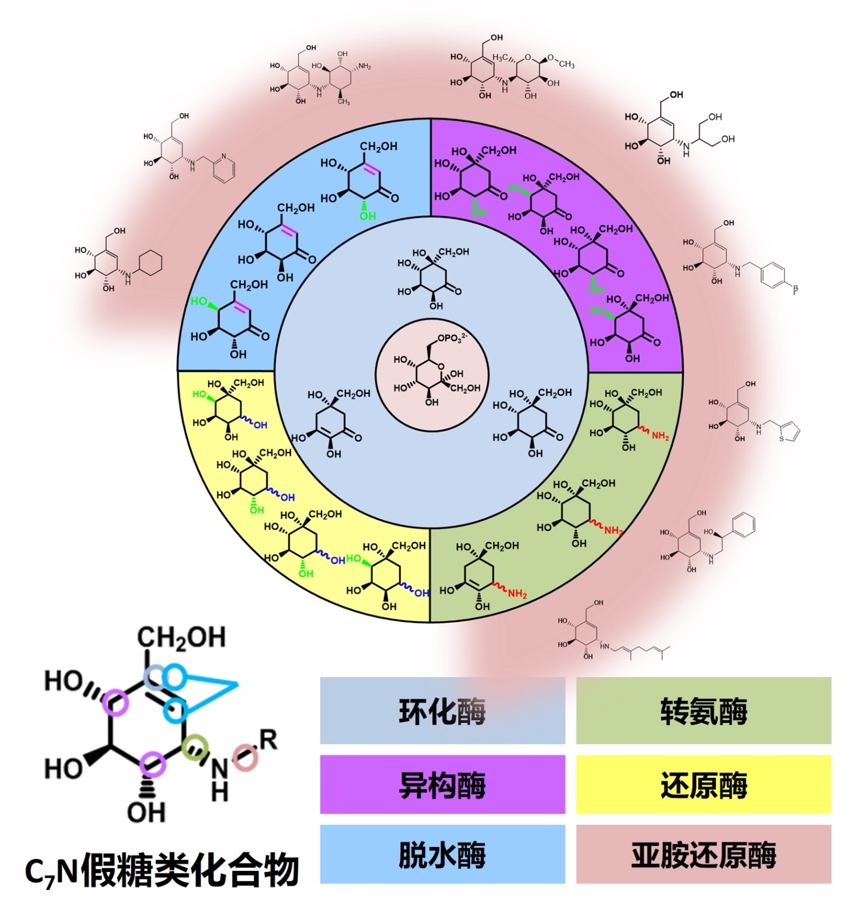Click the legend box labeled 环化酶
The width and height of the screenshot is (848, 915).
442,711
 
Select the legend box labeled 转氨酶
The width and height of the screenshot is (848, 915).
703,711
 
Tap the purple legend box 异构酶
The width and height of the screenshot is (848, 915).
442,784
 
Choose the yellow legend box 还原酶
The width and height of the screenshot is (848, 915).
703,784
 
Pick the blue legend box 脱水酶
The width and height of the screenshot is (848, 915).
442,854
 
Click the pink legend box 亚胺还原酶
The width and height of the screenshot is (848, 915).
703,854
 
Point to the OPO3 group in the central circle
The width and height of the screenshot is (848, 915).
452,338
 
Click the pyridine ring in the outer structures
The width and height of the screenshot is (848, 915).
224,168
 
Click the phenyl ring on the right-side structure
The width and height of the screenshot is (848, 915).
743,524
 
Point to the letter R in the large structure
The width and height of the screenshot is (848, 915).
268,739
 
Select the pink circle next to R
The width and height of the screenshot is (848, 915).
246,757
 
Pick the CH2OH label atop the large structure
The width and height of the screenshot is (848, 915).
181,638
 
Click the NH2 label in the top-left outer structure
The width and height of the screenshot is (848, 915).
364,66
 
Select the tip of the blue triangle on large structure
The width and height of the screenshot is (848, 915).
236,684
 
